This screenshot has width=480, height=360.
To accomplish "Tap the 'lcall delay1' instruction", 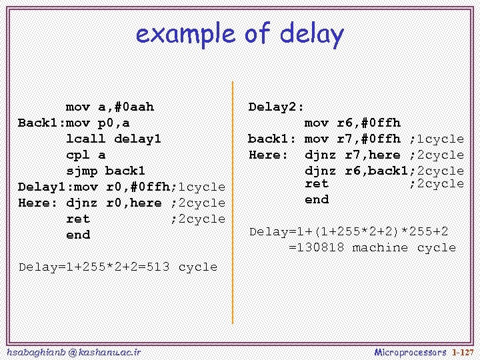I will (113, 139).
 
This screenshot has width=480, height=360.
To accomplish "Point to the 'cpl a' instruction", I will (85, 155).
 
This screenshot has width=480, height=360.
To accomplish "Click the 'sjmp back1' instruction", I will (105, 171).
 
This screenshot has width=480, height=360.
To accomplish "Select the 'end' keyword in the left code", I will (77, 235).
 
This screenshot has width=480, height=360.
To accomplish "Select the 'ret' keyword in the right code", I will (317, 183).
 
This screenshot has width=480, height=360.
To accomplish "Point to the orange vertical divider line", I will (233, 200).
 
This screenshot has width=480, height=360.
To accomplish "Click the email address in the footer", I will (73, 351).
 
